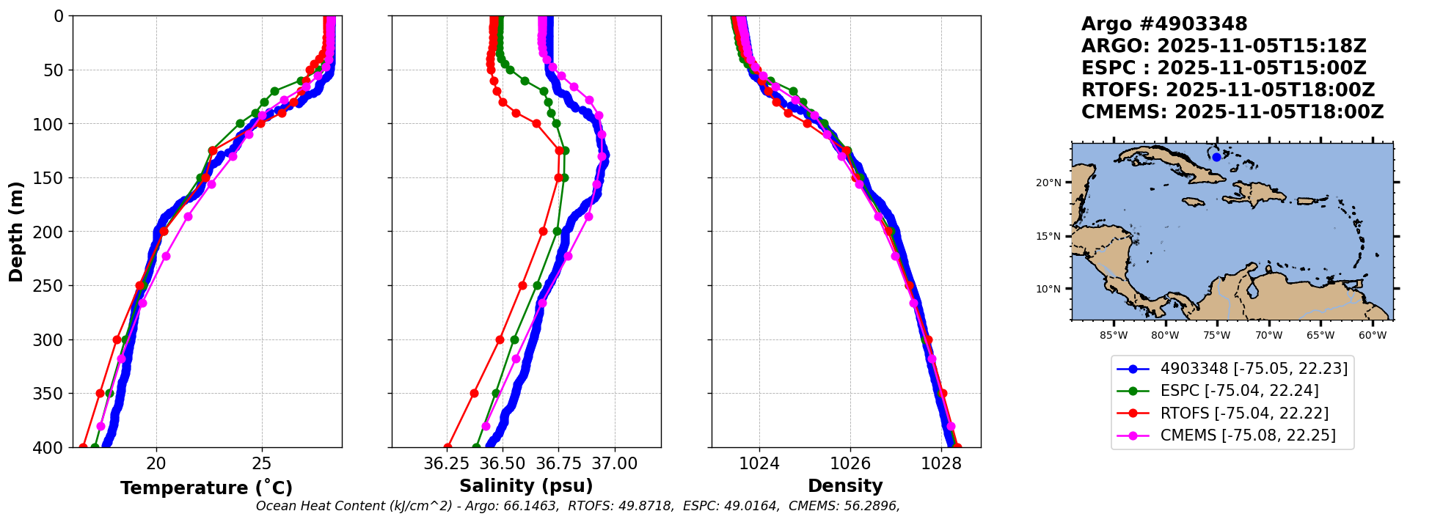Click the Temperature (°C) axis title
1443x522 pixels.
206,488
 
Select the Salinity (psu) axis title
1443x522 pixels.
526,486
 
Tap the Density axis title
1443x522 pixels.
845,486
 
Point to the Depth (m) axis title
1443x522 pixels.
16,232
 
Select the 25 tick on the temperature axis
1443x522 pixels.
262,464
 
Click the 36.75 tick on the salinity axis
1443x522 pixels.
558,464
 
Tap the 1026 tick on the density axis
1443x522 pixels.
850,464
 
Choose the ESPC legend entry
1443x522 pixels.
1238,391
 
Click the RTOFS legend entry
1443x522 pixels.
1243,413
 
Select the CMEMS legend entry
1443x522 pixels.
1247,435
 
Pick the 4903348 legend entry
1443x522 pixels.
1253,369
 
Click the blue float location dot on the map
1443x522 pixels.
1216,157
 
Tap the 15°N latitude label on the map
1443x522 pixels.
1048,236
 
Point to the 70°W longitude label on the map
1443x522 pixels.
1268,336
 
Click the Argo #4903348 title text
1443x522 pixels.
1163,24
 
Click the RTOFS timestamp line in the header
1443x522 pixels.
1227,90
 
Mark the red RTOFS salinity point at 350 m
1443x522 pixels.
474,394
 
